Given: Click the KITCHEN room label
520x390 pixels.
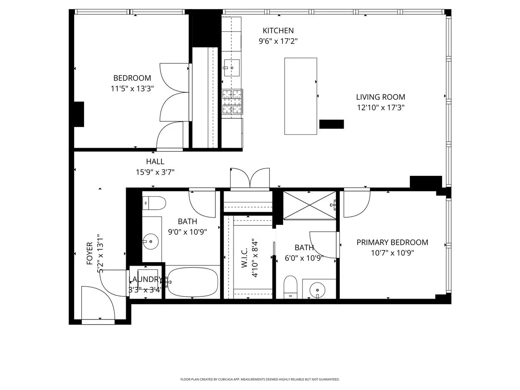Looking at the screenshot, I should [278, 31].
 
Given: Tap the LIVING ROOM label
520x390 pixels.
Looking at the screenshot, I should [380, 97].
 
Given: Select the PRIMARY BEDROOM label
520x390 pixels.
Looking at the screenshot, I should [392, 242].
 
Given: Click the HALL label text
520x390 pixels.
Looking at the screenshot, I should [155, 162].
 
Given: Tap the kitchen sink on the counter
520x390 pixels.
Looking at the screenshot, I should [231, 68].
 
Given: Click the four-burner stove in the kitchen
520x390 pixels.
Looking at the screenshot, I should [232, 102].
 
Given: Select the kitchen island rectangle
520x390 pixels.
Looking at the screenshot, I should [300, 95].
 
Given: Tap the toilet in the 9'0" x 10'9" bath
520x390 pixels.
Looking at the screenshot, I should [154, 202].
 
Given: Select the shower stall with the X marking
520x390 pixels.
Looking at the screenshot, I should [309, 205].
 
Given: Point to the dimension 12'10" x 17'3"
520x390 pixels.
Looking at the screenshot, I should [380, 107].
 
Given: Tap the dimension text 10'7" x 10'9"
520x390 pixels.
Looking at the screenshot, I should [392, 253].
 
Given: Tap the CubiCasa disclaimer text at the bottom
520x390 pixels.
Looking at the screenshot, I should [260, 379].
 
